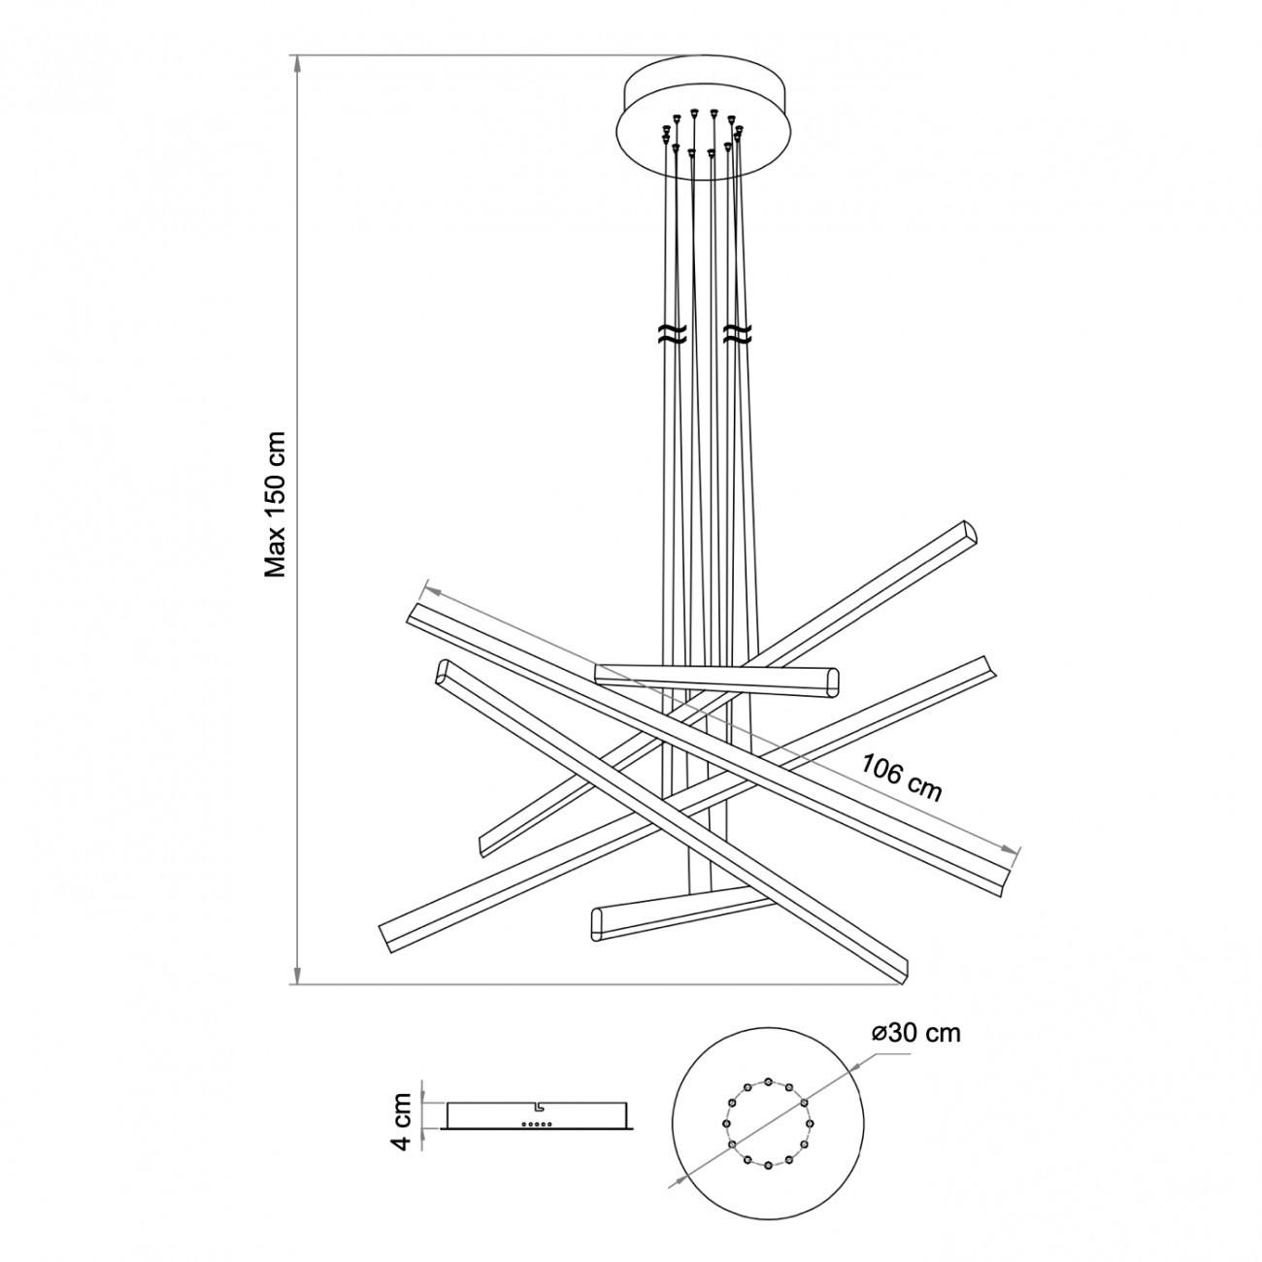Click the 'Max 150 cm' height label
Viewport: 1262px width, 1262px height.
point(276,504)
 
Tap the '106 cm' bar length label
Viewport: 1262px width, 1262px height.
point(901,778)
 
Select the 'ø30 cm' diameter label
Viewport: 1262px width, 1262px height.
point(916,1051)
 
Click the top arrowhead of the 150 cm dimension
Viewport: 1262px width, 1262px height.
point(297,63)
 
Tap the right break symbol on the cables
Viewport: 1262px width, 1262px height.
point(738,333)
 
